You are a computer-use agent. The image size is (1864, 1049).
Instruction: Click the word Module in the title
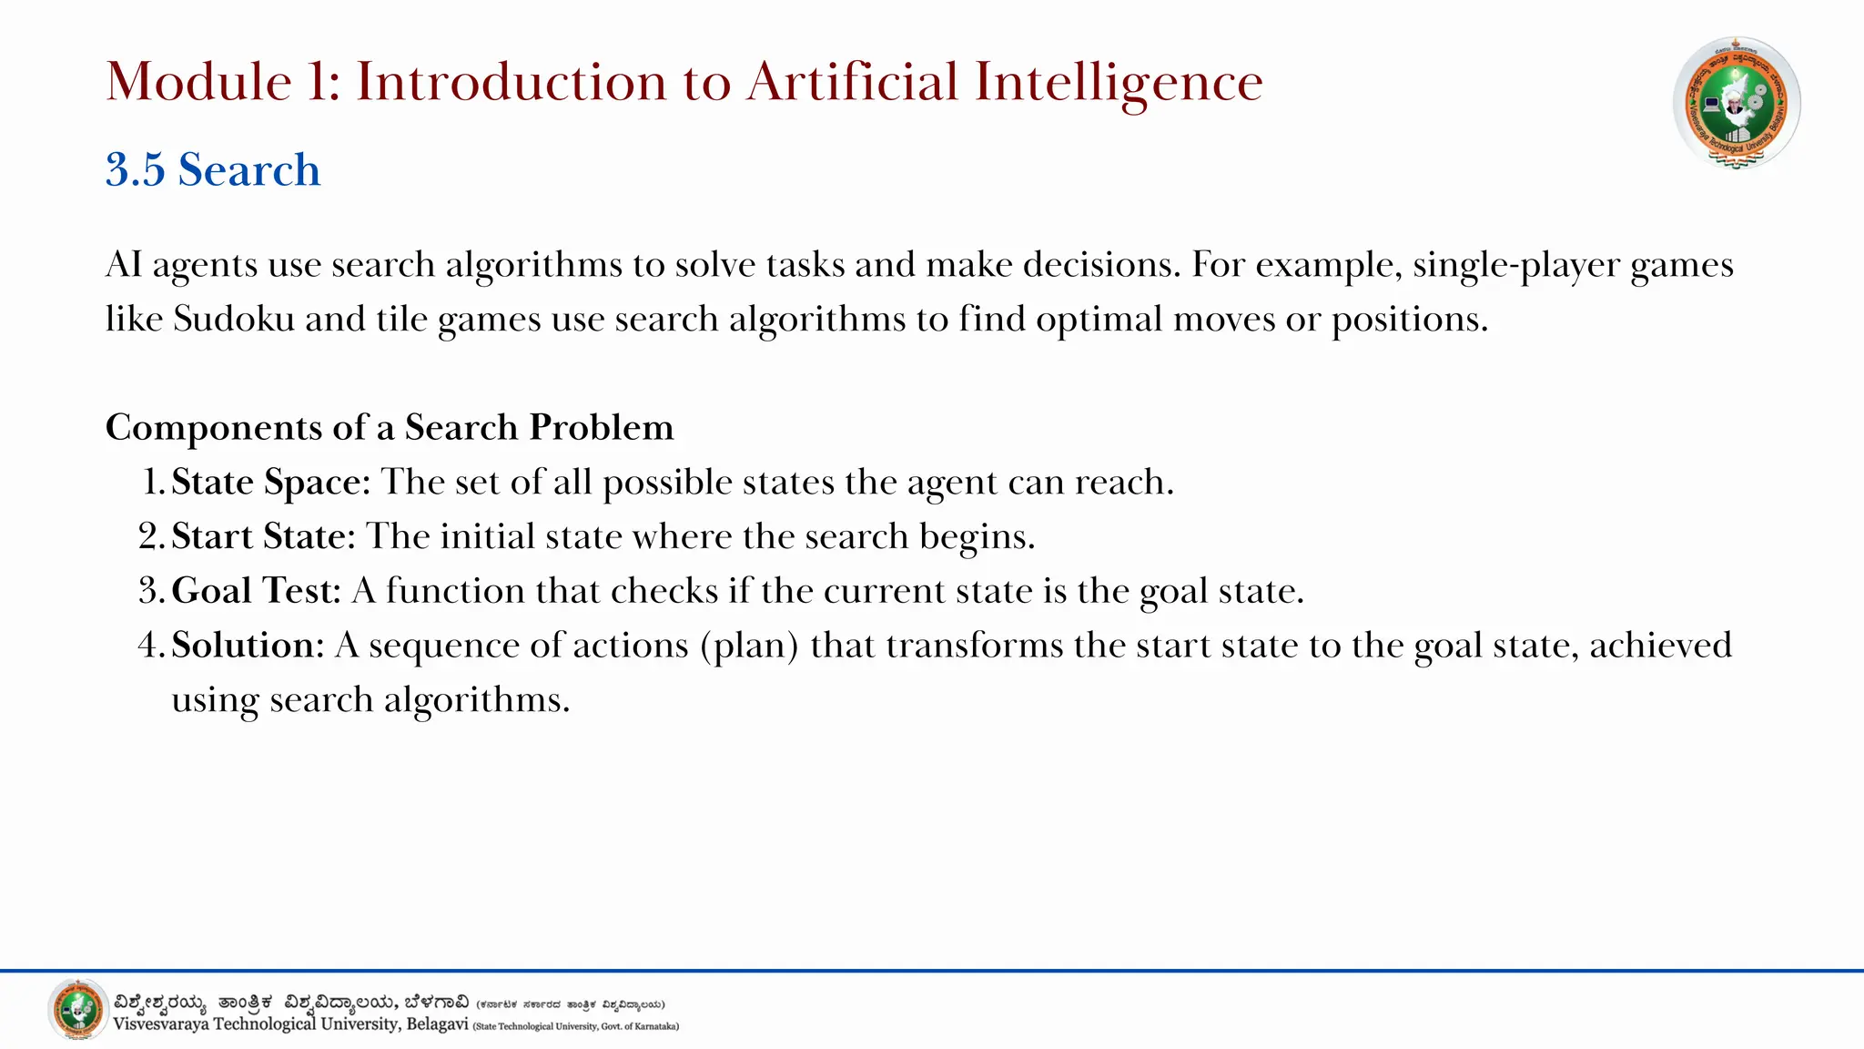click(198, 82)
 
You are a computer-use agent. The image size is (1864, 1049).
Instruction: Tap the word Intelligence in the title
click(1119, 82)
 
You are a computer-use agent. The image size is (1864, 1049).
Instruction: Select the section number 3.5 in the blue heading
click(135, 170)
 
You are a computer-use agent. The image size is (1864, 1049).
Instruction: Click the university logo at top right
click(1737, 103)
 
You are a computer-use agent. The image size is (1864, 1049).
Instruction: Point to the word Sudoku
click(234, 320)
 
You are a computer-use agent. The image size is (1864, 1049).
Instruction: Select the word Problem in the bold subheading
click(602, 427)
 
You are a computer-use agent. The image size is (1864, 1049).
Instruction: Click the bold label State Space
click(270, 483)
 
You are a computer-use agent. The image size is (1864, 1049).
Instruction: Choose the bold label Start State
click(262, 536)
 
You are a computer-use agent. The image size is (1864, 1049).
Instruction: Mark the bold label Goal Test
click(256, 591)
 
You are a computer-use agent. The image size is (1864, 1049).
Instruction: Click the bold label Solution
click(247, 646)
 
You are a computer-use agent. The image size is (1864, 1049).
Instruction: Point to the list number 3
click(149, 591)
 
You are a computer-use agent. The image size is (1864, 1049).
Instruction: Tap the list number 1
click(153, 483)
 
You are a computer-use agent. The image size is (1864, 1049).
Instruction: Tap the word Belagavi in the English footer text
click(437, 1024)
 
